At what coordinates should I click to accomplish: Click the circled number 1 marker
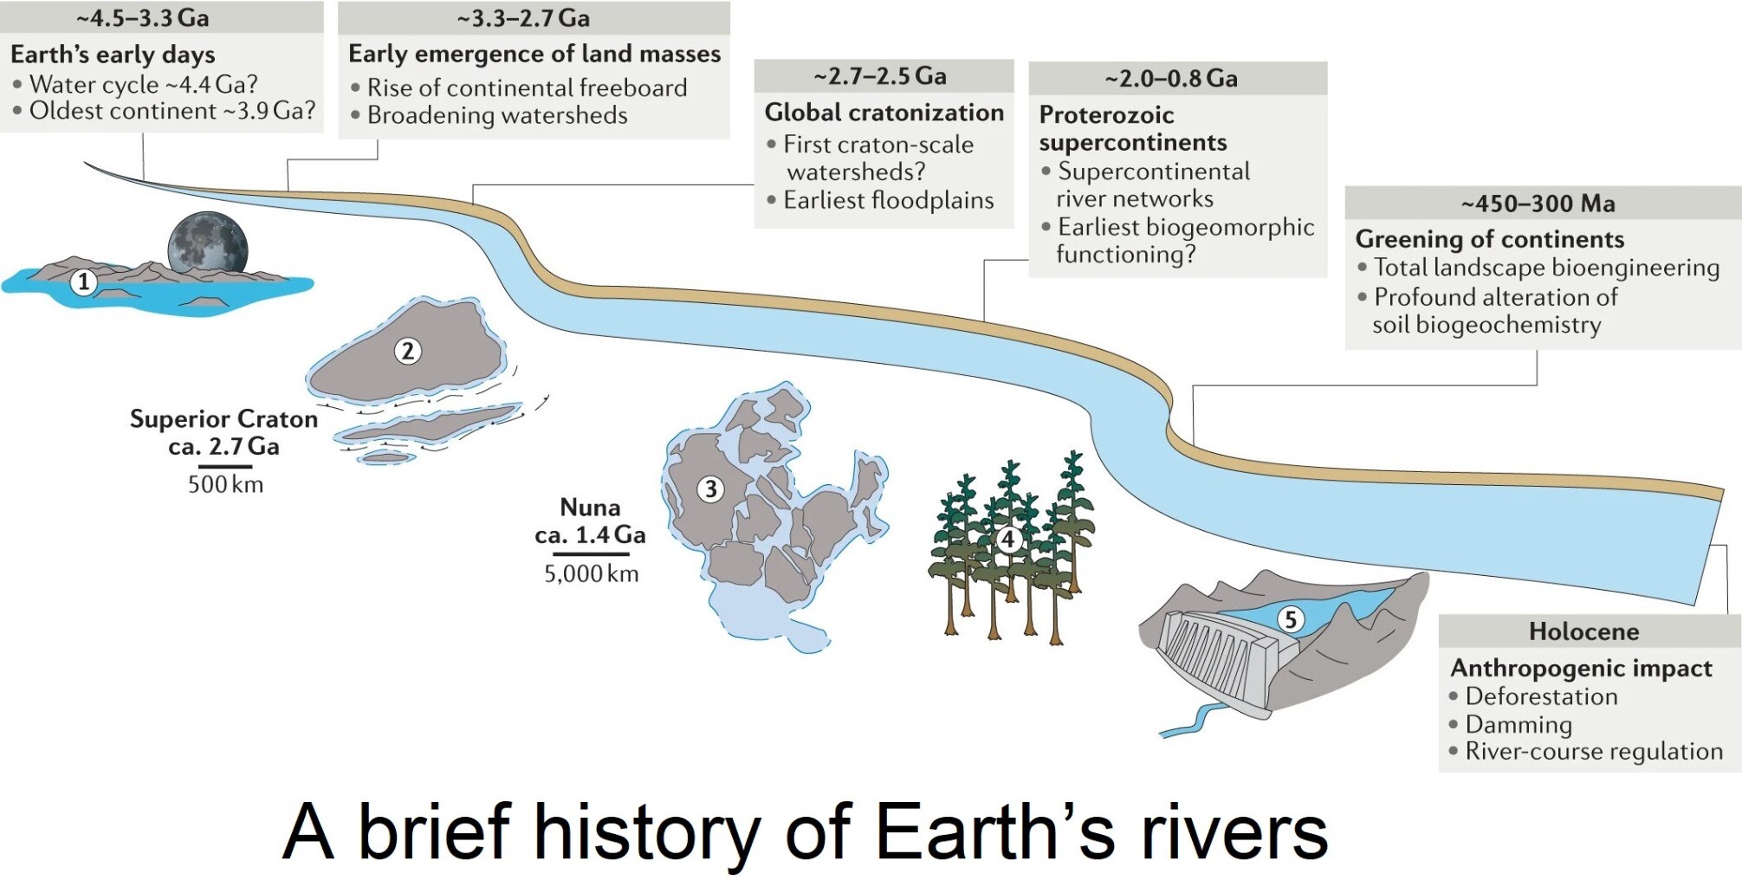[83, 281]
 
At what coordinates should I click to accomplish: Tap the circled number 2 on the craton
[408, 351]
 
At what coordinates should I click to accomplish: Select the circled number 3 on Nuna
[711, 489]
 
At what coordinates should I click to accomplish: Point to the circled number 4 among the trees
[1007, 540]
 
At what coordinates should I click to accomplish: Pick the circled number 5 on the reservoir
[1291, 619]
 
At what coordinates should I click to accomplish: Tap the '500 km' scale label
[225, 484]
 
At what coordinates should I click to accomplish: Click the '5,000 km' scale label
[591, 573]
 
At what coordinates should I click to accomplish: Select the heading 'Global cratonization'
[884, 113]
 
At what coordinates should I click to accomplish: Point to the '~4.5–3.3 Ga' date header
[143, 17]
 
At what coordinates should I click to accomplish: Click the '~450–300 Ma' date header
[1538, 204]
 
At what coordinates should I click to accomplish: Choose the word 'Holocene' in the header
[1583, 631]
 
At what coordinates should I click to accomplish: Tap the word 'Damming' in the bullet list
[1519, 724]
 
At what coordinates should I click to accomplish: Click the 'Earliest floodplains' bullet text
[889, 200]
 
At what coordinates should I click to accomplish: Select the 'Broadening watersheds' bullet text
[497, 115]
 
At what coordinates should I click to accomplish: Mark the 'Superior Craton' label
[223, 419]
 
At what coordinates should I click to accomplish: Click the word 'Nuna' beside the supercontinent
[590, 507]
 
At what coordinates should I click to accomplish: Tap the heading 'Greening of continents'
[1490, 239]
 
